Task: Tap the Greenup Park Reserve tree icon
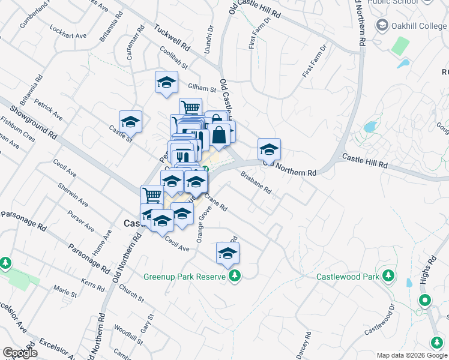236,276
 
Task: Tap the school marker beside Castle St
130,122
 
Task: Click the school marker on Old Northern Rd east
269,149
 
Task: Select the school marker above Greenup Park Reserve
228,253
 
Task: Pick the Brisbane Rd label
256,183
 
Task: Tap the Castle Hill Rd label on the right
365,160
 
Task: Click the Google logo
20,353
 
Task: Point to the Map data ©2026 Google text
412,355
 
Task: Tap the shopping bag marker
220,134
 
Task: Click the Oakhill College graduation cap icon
382,26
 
